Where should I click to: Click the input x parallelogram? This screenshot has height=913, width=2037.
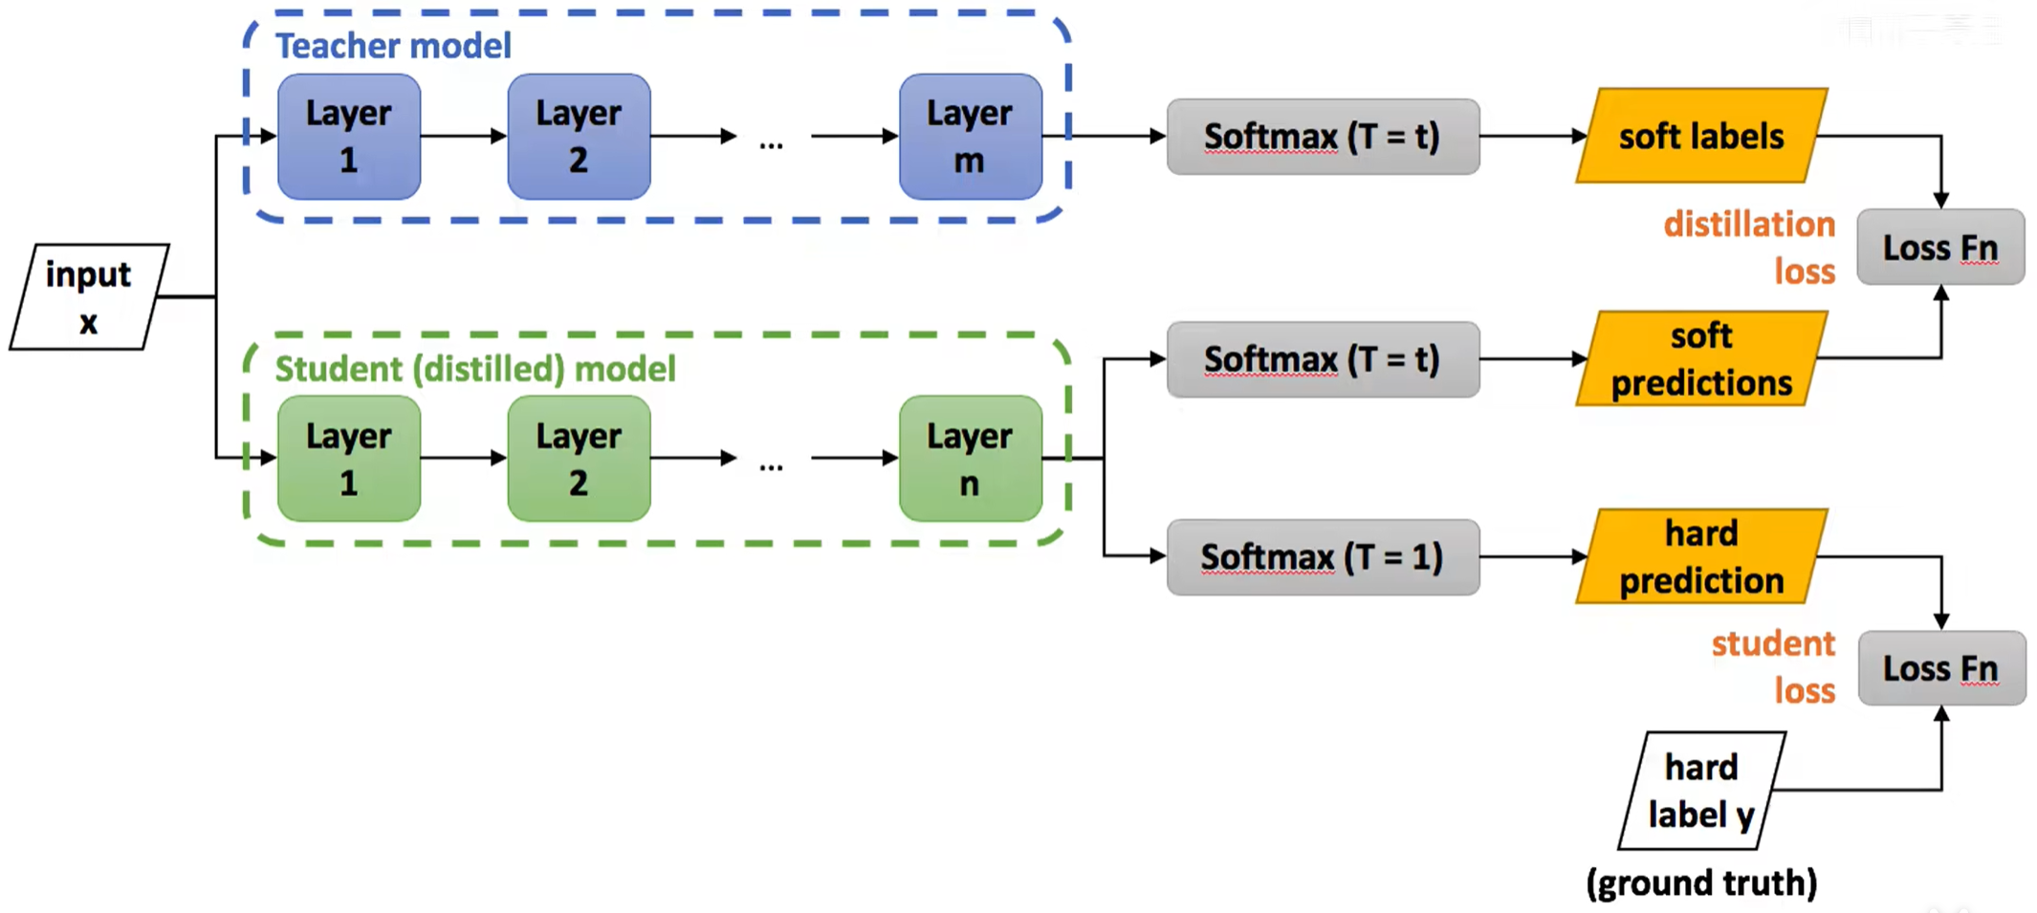point(89,296)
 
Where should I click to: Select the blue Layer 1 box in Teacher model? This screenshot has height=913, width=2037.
point(349,137)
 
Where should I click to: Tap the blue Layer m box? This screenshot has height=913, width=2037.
point(971,137)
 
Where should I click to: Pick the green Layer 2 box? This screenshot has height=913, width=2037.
point(580,459)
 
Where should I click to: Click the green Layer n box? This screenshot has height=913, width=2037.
point(971,459)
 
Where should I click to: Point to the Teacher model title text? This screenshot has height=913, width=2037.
point(393,46)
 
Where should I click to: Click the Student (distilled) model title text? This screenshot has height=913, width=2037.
point(475,369)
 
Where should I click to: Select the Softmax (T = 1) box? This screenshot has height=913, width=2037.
point(1323,557)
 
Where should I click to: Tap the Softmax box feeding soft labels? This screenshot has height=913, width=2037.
point(1323,137)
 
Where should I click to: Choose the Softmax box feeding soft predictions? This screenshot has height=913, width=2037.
point(1323,359)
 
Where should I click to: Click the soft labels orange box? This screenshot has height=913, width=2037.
point(1702,136)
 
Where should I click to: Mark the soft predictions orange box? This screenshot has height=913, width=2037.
point(1702,359)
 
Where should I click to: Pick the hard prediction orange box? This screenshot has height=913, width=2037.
point(1702,556)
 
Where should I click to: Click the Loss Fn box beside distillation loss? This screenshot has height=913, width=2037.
point(1940,247)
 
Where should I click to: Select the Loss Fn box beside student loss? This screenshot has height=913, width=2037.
point(1941,668)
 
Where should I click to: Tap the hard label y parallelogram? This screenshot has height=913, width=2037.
point(1702,791)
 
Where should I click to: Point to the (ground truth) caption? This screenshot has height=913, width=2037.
point(1701,882)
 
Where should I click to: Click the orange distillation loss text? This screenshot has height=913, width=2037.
point(1750,248)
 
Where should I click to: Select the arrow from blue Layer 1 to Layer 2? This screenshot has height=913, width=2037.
point(464,137)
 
